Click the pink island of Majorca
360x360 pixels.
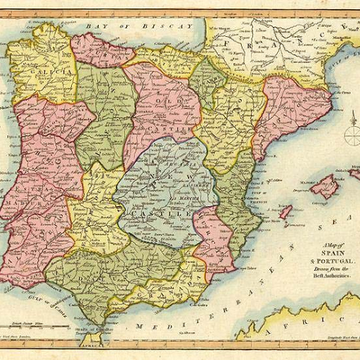pyautogui.click(x=324, y=186)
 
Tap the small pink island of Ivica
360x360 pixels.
pyautogui.click(x=286, y=212)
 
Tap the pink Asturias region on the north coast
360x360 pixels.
pyautogui.click(x=101, y=50)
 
